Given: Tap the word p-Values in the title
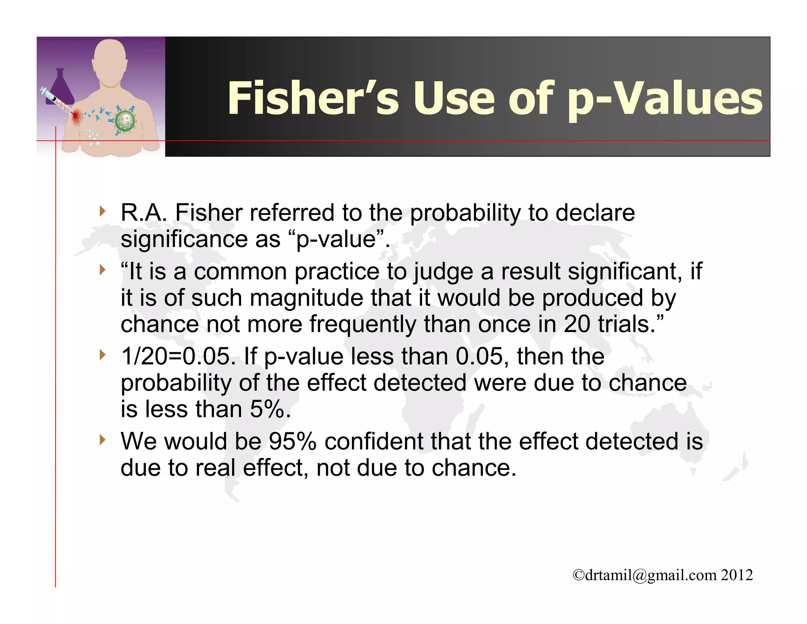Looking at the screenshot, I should [664, 99].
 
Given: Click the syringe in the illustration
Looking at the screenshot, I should [55, 101].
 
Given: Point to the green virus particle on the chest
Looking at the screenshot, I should [125, 121].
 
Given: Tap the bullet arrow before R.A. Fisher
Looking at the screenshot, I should [103, 211].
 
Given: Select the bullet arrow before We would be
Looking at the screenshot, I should [103, 439].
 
